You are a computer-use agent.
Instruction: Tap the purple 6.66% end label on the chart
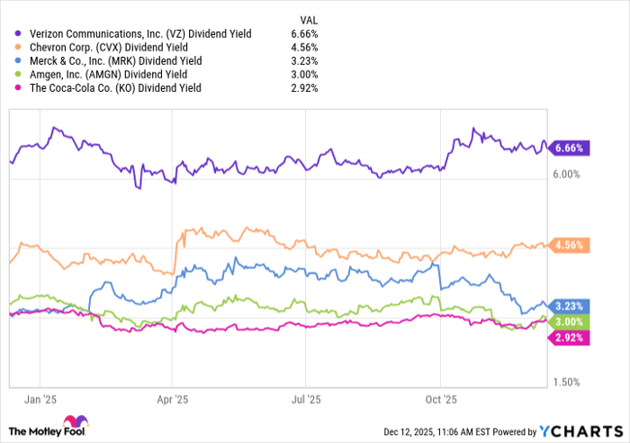(x=571, y=148)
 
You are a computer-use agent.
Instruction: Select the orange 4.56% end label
(x=571, y=245)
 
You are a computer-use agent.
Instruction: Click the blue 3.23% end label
(x=571, y=306)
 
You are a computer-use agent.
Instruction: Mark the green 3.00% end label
(x=571, y=322)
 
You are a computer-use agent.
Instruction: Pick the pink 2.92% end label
(x=571, y=338)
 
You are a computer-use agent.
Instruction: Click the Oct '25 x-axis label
(x=440, y=398)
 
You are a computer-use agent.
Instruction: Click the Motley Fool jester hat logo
(x=72, y=425)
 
